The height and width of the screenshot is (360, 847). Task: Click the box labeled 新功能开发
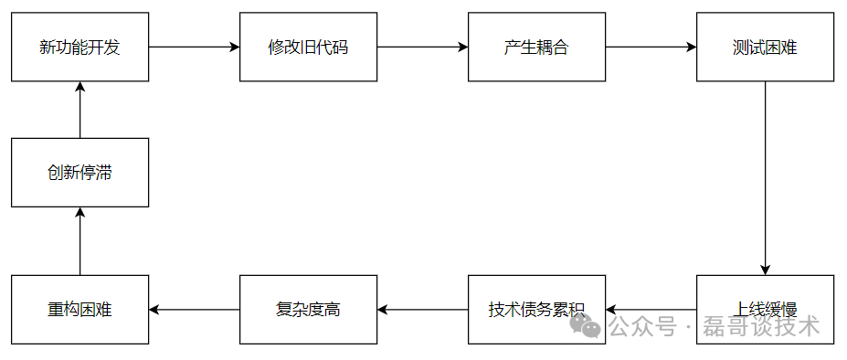click(79, 47)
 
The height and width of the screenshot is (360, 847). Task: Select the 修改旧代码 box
click(308, 47)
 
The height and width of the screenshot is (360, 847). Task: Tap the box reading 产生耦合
click(536, 47)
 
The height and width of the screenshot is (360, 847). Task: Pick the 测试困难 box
click(765, 47)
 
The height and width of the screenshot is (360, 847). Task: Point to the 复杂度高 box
click(308, 309)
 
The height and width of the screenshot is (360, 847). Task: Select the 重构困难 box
click(79, 309)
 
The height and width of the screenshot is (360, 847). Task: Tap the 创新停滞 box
click(79, 172)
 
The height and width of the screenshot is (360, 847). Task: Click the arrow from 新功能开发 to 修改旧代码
click(194, 47)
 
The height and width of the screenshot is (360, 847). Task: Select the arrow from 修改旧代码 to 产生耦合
click(422, 47)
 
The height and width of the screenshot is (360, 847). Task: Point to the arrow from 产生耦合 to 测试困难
click(651, 47)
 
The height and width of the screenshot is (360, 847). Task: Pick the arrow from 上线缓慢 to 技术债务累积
click(651, 310)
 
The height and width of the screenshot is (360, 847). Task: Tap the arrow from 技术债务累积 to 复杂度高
click(422, 310)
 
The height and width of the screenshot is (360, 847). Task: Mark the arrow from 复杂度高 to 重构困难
click(194, 310)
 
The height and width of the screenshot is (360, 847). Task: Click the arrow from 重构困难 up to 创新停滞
click(79, 240)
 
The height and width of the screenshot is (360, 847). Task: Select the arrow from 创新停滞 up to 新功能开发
click(79, 110)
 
